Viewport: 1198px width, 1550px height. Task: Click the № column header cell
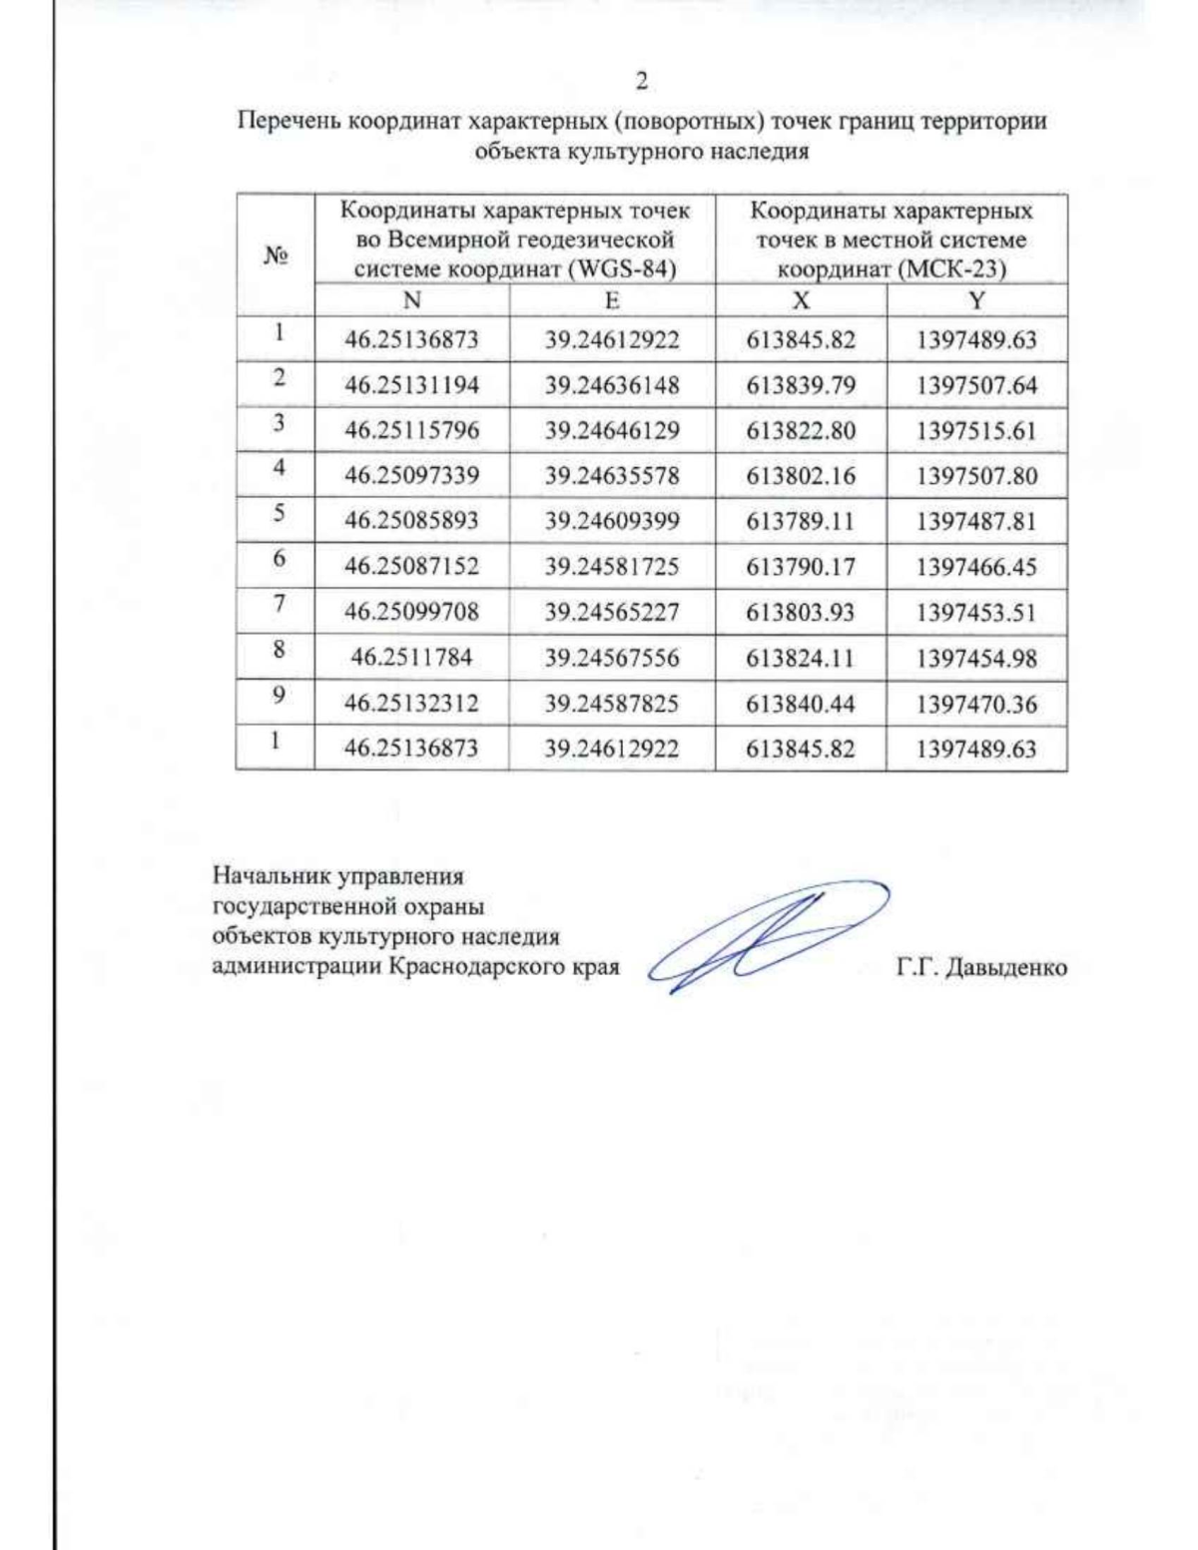tap(276, 256)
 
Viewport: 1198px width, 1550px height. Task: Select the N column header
tap(411, 300)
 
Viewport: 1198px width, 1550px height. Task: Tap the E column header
tap(612, 300)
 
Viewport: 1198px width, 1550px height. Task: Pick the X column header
tap(801, 300)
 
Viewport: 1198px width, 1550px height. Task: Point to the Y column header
tap(976, 300)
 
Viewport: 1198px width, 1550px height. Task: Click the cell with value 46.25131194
tap(411, 385)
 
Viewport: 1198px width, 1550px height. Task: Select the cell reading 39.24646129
tap(612, 431)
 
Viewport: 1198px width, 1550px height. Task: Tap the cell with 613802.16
tap(801, 476)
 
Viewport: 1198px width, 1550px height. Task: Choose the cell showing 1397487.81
tap(976, 521)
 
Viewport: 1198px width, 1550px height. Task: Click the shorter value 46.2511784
tap(411, 658)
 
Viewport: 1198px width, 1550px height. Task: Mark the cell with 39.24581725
tap(612, 567)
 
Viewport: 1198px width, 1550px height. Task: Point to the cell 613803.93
tap(801, 613)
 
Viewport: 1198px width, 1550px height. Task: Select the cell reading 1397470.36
tap(976, 704)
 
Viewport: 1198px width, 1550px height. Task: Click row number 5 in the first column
tap(279, 513)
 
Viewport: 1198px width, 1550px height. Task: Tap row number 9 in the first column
tap(279, 696)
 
